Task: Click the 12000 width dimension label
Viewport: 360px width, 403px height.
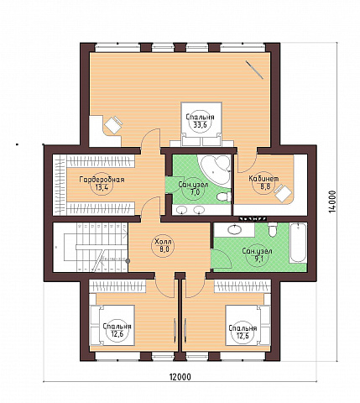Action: [x=180, y=377]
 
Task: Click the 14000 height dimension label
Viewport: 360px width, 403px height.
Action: [x=332, y=201]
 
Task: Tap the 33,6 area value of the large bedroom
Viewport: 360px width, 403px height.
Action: [x=200, y=125]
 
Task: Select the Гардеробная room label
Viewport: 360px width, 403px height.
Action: [x=102, y=180]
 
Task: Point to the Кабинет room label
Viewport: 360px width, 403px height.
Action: [x=263, y=179]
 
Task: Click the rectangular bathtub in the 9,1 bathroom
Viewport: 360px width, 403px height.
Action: [x=298, y=243]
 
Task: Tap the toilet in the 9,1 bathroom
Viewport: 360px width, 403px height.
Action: [x=272, y=229]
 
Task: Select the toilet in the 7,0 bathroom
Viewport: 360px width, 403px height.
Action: [x=224, y=196]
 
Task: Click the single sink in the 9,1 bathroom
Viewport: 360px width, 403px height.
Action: [x=234, y=230]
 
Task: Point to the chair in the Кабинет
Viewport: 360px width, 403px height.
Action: [x=283, y=192]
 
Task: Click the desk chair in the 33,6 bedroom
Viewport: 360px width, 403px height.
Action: [x=113, y=124]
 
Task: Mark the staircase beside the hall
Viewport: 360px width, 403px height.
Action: [x=91, y=247]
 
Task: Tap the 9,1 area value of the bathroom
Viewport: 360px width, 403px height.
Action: [x=258, y=258]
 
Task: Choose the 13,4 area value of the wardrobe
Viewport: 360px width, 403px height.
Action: [x=102, y=187]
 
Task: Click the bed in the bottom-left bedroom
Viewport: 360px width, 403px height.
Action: [x=112, y=325]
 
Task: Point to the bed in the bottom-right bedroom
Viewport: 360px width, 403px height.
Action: [x=248, y=325]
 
